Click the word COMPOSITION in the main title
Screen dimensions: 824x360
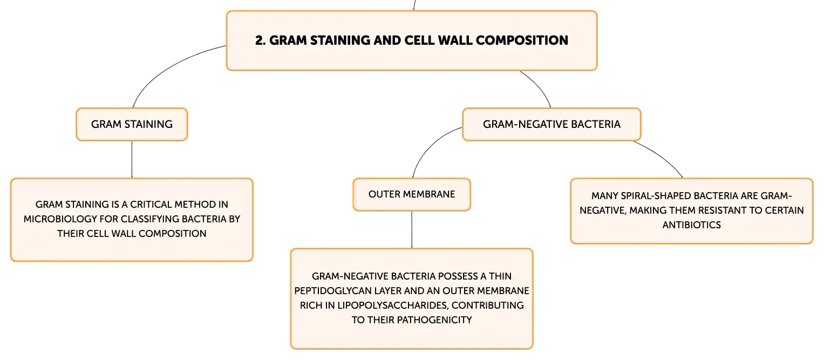click(522, 40)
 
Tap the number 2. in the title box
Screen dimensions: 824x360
click(260, 40)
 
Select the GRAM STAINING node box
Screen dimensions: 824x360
click(132, 125)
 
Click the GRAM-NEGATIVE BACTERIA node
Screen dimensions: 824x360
click(551, 125)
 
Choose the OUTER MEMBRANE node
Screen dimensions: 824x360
click(412, 194)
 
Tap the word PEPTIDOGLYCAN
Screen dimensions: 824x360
click(333, 291)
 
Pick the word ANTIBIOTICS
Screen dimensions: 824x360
click(692, 225)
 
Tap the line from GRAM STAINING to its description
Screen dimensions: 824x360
click(132, 159)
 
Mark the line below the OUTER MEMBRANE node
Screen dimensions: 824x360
click(412, 230)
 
